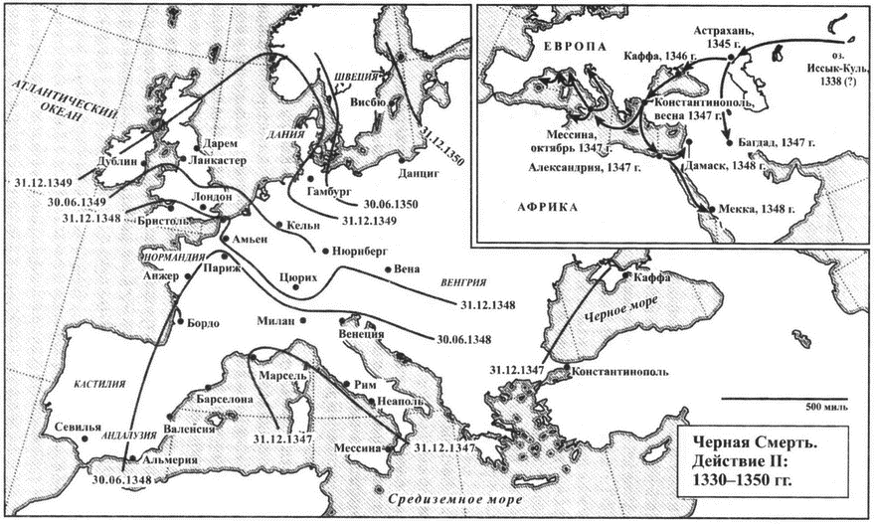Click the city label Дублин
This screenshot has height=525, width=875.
116,161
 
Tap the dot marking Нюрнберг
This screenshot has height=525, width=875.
325,251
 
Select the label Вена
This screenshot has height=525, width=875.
407,268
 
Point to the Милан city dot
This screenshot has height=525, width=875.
303,320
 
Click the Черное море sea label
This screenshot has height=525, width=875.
620,307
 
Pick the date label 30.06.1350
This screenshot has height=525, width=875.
390,204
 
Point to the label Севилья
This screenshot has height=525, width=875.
79,427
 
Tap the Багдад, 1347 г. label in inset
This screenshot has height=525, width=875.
776,142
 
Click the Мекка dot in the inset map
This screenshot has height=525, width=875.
712,209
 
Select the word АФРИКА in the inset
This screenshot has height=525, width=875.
548,208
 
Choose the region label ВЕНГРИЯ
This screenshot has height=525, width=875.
463,282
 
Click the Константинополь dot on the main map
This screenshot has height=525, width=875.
567,367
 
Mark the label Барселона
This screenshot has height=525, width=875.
225,400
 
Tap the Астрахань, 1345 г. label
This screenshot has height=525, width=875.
724,36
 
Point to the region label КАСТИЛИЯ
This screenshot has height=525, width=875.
99,384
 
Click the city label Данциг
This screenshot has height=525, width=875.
419,173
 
